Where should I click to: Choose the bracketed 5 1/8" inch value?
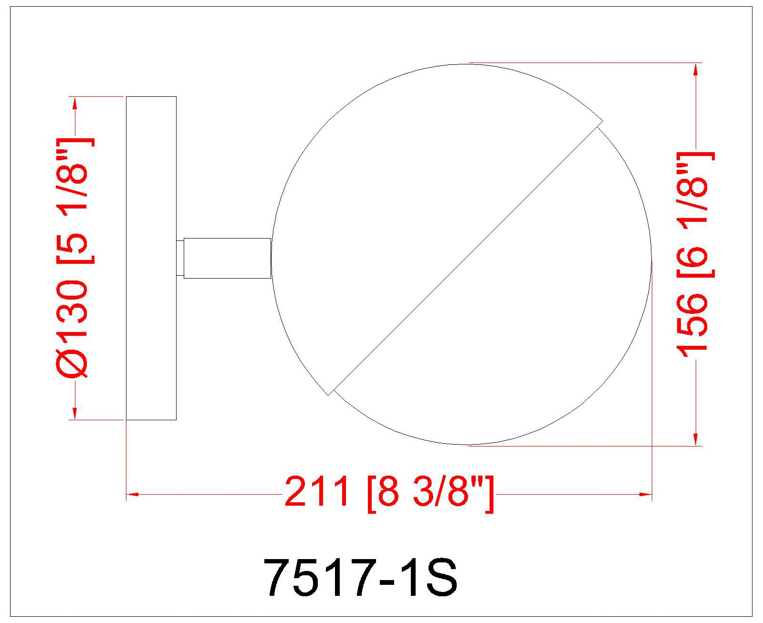point(74,200)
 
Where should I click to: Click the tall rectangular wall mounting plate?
point(151,258)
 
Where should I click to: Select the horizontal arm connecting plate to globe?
point(227,258)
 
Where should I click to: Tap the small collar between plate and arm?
point(180,258)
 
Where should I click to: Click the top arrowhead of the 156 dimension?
point(696,69)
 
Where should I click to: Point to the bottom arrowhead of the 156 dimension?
point(696,439)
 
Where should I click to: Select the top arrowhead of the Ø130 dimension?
point(74,103)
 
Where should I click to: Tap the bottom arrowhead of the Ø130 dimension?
point(74,414)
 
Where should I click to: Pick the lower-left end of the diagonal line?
point(330,393)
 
